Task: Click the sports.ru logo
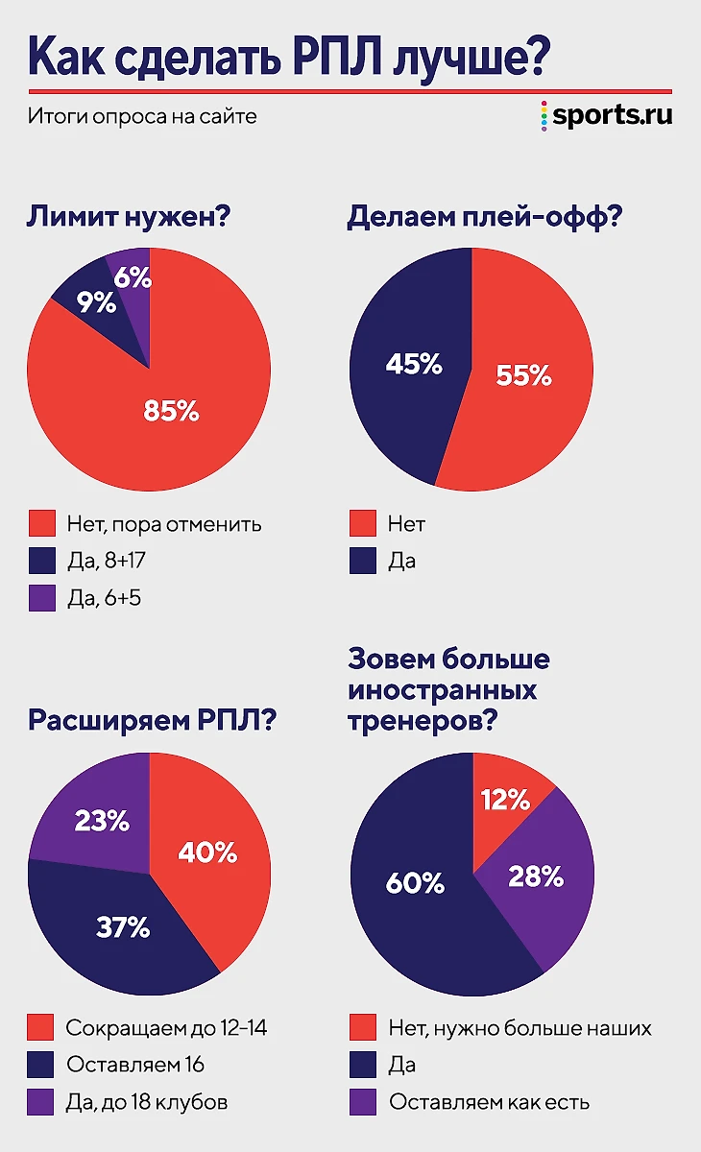[606, 115]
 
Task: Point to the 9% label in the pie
[97, 303]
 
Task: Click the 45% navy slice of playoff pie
[403, 365]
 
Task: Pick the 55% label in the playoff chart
[523, 374]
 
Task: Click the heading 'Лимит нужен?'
[128, 218]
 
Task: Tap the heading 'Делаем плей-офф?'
[485, 218]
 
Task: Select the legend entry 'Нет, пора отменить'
[163, 524]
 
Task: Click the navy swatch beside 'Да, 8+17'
[41, 561]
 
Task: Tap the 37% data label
[123, 927]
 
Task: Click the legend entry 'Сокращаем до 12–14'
[165, 1028]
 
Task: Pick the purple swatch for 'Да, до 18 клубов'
[41, 1101]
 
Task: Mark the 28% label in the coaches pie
[536, 876]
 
